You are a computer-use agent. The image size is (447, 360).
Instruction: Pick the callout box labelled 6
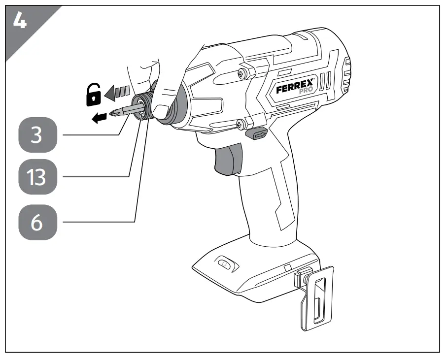37,222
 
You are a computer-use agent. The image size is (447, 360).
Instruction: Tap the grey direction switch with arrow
256,133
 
